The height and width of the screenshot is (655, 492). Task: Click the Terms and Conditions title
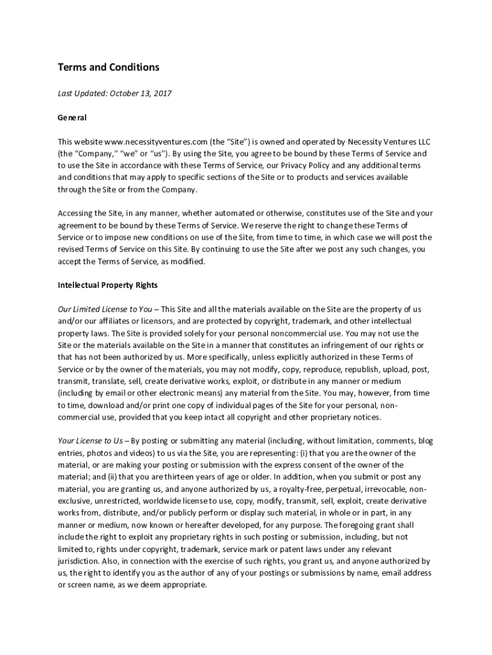[x=109, y=67]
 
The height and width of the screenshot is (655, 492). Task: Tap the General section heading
[x=72, y=118]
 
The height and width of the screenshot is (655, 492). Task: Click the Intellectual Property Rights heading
[x=108, y=285]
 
